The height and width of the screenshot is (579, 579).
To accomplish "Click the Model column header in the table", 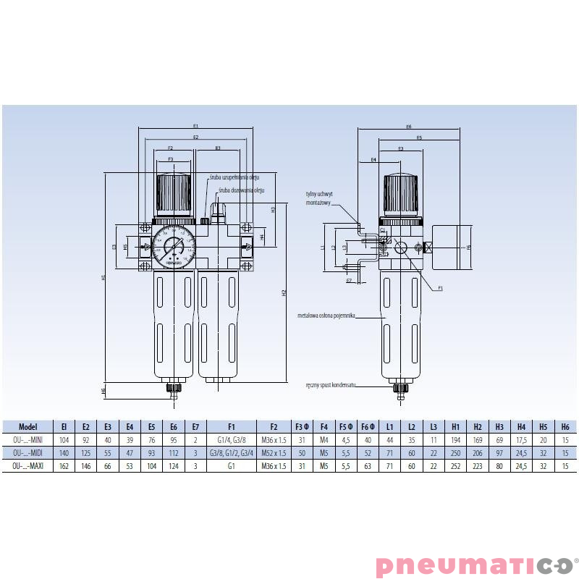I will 28,427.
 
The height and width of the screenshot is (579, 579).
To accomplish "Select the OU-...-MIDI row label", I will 28,452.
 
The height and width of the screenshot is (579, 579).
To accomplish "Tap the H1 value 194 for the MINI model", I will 457,440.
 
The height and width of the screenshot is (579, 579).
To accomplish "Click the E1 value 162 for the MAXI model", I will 64,465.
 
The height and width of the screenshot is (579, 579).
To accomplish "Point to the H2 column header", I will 478,427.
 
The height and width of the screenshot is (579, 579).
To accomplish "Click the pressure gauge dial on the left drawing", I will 173,246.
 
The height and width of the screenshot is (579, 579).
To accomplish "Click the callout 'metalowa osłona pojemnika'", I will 326,316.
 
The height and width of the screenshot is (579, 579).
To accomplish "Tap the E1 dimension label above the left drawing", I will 195,127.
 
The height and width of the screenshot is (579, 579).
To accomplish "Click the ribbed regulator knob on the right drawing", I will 400,193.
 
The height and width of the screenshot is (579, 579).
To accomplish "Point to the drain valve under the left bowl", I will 173,389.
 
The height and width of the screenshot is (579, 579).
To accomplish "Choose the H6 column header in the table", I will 565,427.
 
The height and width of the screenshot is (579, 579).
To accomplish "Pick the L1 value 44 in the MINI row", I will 389,440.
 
